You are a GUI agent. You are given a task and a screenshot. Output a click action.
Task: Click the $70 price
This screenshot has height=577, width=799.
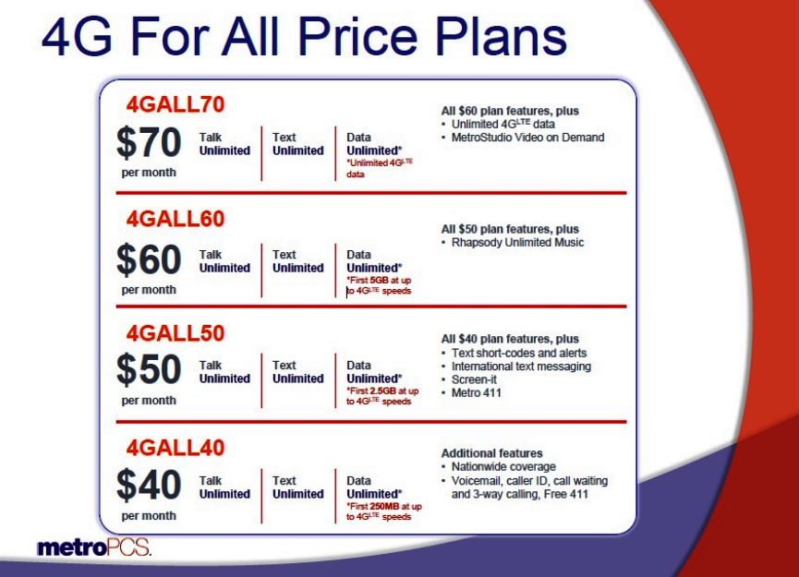pyautogui.click(x=149, y=143)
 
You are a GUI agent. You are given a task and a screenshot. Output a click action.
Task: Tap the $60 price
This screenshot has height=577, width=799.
pyautogui.click(x=149, y=260)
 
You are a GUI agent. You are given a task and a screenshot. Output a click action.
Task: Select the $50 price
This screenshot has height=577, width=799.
pyautogui.click(x=149, y=370)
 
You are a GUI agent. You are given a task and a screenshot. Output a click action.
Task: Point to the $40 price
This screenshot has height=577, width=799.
pyautogui.click(x=149, y=486)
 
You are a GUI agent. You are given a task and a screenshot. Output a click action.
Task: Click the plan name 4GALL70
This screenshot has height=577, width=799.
pyautogui.click(x=176, y=104)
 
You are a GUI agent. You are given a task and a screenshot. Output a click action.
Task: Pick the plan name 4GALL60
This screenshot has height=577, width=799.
pyautogui.click(x=176, y=220)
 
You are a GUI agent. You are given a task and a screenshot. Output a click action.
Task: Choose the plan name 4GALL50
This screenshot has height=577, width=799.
pyautogui.click(x=176, y=333)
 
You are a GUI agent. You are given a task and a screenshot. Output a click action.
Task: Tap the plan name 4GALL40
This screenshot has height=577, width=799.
pyautogui.click(x=176, y=448)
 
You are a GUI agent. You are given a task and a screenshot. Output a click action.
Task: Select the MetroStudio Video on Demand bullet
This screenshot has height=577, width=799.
pyautogui.click(x=527, y=138)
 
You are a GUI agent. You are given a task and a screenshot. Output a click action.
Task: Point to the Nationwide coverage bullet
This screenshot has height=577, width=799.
pyautogui.click(x=503, y=467)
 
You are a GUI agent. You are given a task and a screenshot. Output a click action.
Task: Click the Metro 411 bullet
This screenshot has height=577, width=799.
pyautogui.click(x=478, y=393)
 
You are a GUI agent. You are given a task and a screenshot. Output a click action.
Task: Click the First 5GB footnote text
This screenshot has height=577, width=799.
pyautogui.click(x=380, y=285)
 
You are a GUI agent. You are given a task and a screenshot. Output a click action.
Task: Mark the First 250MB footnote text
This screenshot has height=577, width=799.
pyautogui.click(x=383, y=511)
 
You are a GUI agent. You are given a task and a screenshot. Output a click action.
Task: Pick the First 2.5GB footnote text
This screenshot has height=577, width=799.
pyautogui.click(x=382, y=396)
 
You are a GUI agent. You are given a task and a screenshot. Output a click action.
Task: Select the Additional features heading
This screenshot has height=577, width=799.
pyautogui.click(x=491, y=453)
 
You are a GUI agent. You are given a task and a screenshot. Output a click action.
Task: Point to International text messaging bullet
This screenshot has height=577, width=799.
pyautogui.click(x=521, y=367)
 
